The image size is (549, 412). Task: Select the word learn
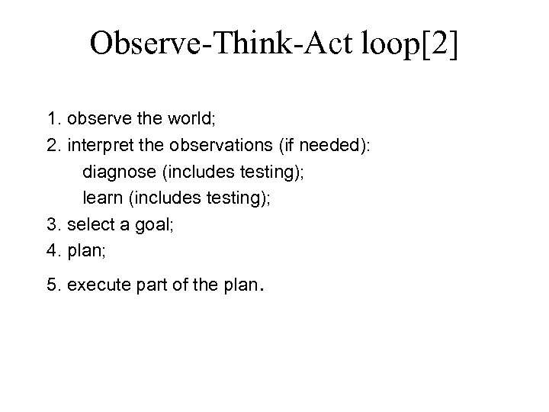click(x=102, y=199)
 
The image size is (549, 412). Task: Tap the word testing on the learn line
click(x=233, y=199)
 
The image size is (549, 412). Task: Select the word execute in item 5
click(x=97, y=285)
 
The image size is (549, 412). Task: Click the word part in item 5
click(x=149, y=285)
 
